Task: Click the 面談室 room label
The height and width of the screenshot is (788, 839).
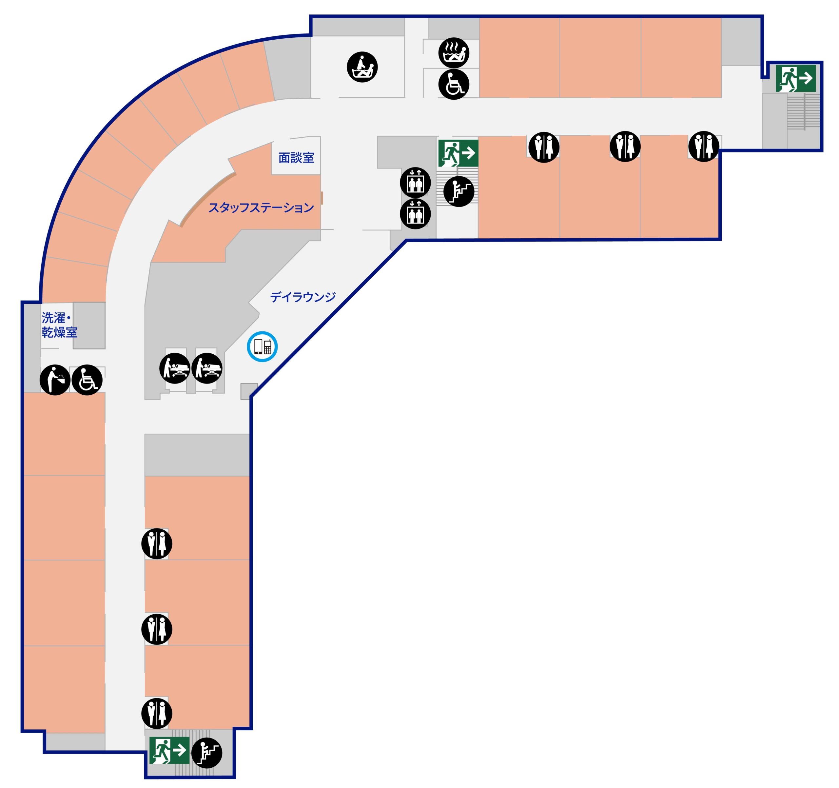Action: (x=296, y=158)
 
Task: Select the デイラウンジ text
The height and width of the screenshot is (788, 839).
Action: (x=303, y=297)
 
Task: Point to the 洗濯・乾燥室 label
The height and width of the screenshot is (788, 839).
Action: (x=59, y=325)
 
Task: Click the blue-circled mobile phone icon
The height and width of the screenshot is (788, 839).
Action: (x=262, y=346)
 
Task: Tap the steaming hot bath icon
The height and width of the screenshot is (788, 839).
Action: (x=454, y=53)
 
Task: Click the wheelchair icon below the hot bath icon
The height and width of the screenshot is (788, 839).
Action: (x=454, y=85)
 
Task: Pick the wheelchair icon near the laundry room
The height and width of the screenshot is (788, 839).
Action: (x=87, y=380)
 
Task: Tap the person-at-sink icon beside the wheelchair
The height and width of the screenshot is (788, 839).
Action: (x=55, y=380)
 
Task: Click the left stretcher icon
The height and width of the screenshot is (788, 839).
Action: (x=175, y=368)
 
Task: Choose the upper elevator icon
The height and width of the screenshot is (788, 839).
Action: (x=415, y=182)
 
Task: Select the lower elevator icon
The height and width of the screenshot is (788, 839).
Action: (x=415, y=214)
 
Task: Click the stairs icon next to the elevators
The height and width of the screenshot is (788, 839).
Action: (x=459, y=191)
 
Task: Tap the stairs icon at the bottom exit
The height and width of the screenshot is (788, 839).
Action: (x=206, y=753)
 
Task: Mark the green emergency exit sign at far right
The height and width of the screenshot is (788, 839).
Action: (x=795, y=78)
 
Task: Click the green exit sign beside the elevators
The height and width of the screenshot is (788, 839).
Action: (x=458, y=153)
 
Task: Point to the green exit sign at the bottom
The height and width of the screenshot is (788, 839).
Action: (x=169, y=750)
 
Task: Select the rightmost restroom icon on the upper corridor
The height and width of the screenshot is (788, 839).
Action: (x=704, y=147)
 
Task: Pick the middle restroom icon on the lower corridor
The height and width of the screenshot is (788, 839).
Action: (x=157, y=629)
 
